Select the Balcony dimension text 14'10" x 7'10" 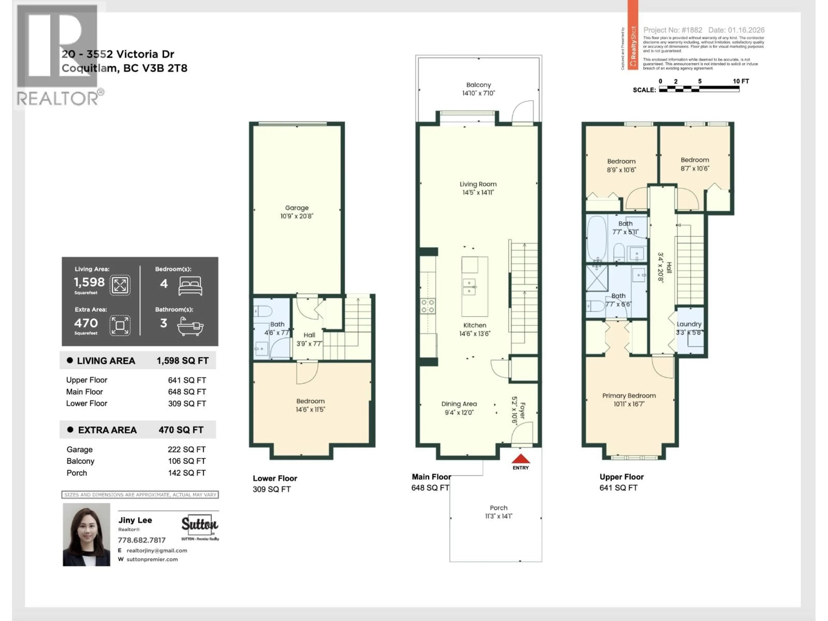(478, 93)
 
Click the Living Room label (478, 184)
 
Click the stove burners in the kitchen (427, 306)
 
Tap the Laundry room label (689, 324)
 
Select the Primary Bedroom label (629, 396)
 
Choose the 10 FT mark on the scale (740, 81)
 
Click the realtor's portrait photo (86, 534)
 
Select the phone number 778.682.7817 (141, 540)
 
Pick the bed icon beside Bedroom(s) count (191, 286)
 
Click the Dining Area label (459, 404)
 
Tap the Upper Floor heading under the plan (621, 477)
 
